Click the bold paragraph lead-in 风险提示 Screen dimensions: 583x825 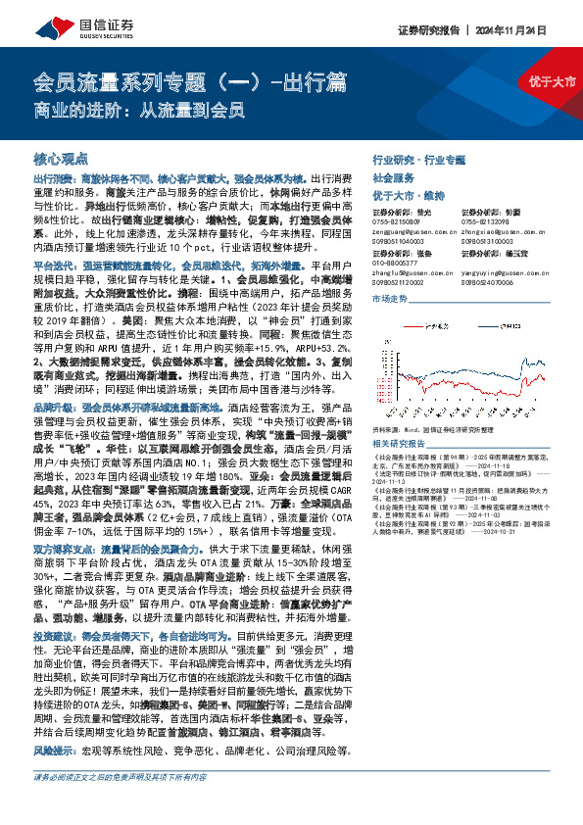click(x=52, y=751)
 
